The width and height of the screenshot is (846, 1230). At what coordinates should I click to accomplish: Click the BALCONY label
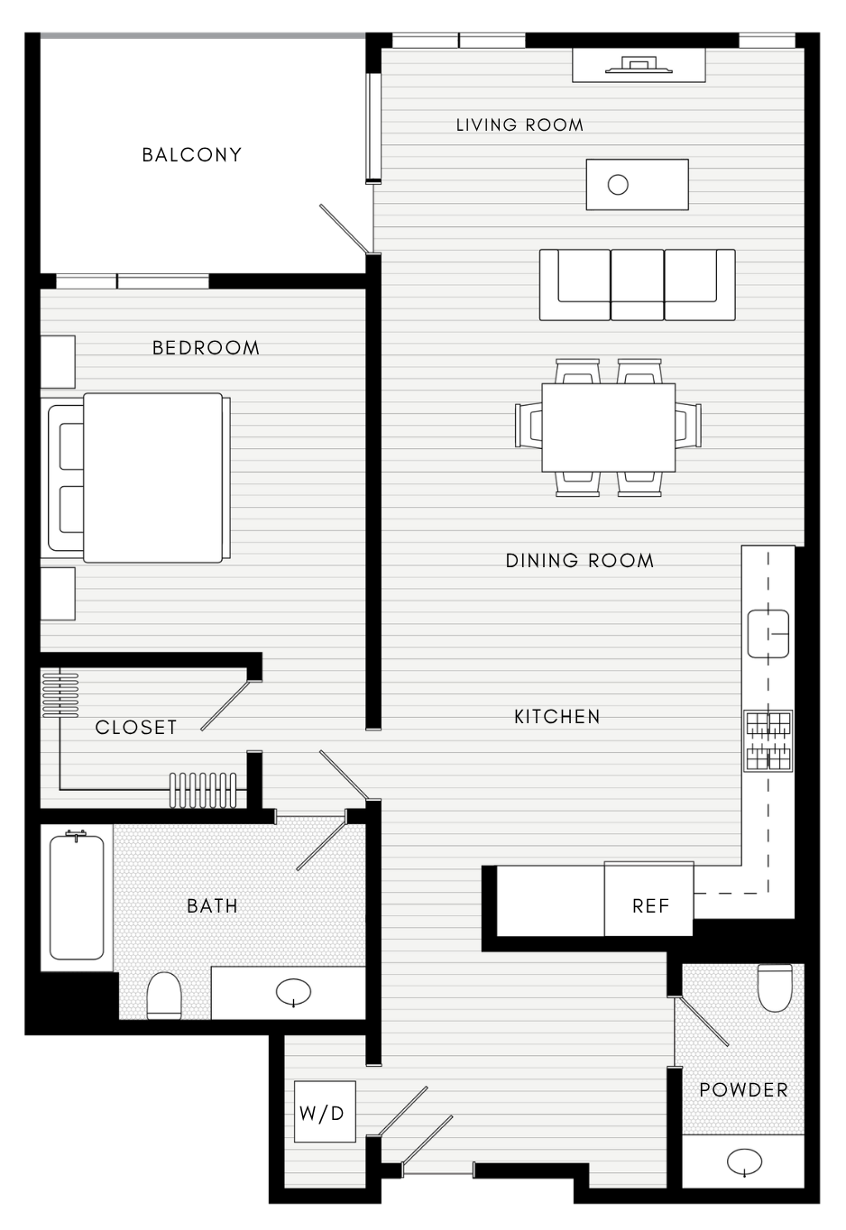click(192, 155)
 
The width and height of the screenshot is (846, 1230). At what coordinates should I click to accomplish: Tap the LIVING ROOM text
click(520, 125)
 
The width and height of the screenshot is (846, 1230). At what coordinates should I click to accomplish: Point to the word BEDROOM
click(206, 347)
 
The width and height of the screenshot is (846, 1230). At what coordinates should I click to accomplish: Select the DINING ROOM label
click(580, 561)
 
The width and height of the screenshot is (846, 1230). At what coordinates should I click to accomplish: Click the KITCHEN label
click(557, 717)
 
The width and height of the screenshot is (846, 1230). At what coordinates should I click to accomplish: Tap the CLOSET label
click(136, 728)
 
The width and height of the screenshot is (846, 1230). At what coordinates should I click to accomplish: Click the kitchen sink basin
click(768, 634)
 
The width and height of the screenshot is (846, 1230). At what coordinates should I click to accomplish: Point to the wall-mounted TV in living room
click(639, 64)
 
